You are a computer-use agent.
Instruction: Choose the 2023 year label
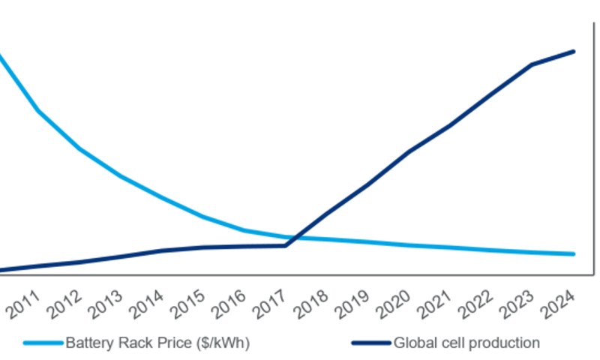[x=522, y=306]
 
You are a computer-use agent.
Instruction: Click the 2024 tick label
[x=563, y=306]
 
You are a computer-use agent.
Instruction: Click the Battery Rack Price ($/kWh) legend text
[x=157, y=343]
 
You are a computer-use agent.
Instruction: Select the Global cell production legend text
[x=466, y=343]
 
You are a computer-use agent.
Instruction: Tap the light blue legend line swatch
[x=43, y=343]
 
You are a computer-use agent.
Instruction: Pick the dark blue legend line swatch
[x=371, y=343]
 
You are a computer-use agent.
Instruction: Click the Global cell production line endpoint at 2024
[x=574, y=52]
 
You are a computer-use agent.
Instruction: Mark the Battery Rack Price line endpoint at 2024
[x=574, y=254]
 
